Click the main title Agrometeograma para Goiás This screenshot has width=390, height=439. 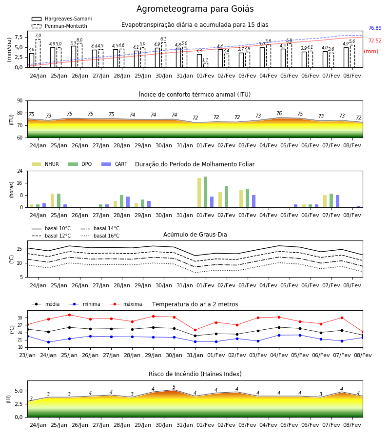[x=195, y=9]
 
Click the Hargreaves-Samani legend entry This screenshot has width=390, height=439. [x=61, y=19]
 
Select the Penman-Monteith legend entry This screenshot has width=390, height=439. [x=59, y=26]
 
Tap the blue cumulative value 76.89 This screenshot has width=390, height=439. [x=375, y=28]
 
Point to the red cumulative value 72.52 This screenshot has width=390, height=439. [x=375, y=40]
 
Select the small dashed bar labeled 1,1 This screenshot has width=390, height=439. [x=206, y=65]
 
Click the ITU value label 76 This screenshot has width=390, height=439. [x=279, y=113]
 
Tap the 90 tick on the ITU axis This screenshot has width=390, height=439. [x=20, y=101]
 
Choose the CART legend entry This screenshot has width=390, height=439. [x=114, y=164]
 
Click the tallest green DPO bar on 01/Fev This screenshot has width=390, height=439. [x=206, y=192]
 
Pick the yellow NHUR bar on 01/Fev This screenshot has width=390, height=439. [x=199, y=193]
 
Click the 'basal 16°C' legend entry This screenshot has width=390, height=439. [x=100, y=236]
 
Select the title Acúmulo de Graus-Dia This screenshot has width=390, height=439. [x=195, y=235]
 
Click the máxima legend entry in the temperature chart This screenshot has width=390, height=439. [x=126, y=304]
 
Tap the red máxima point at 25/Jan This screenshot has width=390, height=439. [x=69, y=315]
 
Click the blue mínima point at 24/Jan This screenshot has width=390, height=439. [x=48, y=342]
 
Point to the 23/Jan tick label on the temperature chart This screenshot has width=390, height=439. [x=27, y=355]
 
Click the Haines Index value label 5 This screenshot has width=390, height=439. [x=174, y=387]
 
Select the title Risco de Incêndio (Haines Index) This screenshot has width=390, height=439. [x=195, y=374]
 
